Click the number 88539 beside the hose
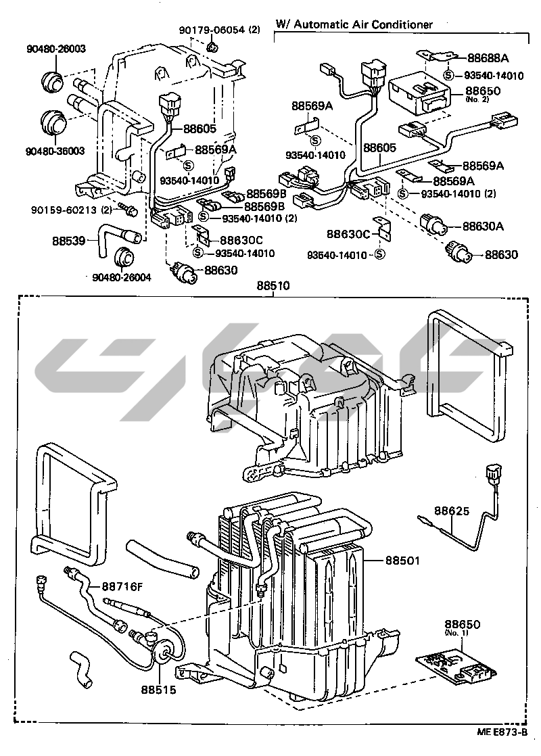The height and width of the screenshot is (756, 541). (69, 239)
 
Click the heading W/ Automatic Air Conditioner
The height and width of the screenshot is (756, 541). (354, 24)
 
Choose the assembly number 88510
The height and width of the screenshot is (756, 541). (273, 287)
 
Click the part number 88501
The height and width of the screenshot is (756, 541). (403, 560)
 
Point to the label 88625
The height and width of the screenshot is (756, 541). (452, 512)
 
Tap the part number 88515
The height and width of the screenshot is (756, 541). (158, 690)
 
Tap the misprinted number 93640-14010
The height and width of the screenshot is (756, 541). (336, 255)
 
